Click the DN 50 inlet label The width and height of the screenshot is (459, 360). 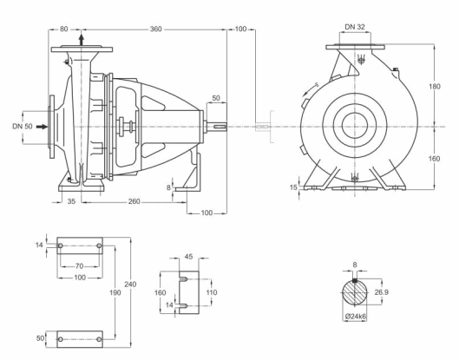(x=23, y=127)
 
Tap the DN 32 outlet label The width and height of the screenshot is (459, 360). (x=355, y=27)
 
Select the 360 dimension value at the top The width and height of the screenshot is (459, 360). (x=155, y=29)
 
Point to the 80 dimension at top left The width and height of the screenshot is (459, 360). (x=64, y=29)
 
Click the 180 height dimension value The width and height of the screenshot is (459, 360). (x=435, y=87)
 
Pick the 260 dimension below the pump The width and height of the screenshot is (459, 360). (x=134, y=201)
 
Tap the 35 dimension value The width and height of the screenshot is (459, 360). (x=71, y=201)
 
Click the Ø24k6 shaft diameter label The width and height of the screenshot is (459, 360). (x=356, y=317)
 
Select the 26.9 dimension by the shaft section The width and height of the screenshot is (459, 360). (x=382, y=292)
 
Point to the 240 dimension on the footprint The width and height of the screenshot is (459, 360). (x=130, y=285)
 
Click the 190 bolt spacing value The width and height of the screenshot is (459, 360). (x=115, y=292)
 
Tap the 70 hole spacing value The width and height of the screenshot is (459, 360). (x=79, y=266)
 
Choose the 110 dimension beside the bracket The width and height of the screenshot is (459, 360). (x=212, y=292)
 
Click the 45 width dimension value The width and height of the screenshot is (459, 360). (x=189, y=257)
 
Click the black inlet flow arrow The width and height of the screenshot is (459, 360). (x=42, y=127)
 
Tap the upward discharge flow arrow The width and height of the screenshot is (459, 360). (x=82, y=40)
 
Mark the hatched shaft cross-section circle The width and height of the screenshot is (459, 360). (x=355, y=293)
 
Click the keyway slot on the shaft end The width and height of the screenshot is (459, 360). (x=220, y=127)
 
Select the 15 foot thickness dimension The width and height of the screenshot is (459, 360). (x=293, y=187)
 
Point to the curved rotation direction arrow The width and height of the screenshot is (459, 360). (x=311, y=88)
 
